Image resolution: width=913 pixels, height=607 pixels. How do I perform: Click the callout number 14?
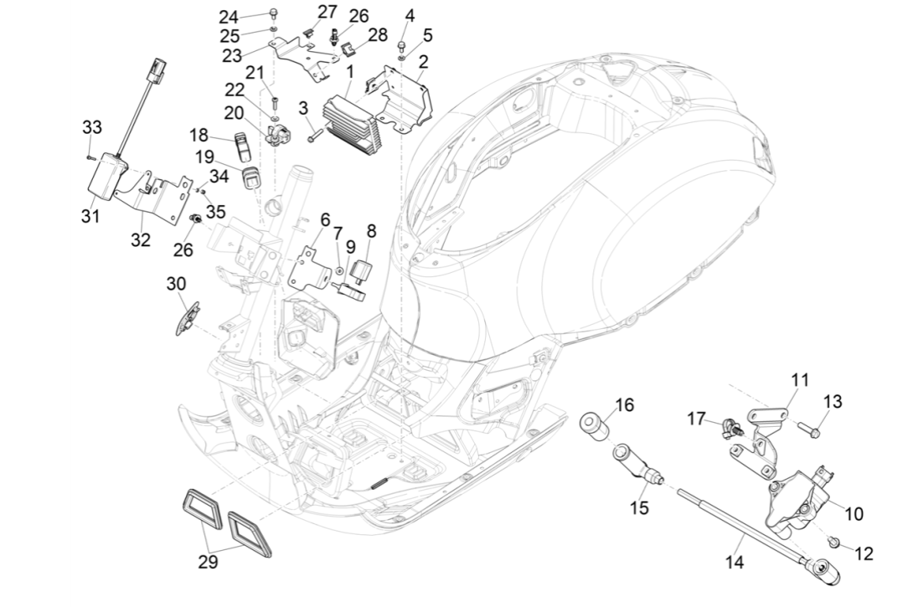pyautogui.click(x=735, y=563)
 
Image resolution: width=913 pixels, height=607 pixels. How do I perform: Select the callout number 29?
pyautogui.click(x=208, y=563)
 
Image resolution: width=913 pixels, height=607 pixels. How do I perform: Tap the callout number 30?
pyautogui.click(x=176, y=284)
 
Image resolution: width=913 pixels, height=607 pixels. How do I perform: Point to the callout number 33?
pyautogui.click(x=92, y=127)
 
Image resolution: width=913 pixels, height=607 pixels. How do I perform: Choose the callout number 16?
pyautogui.click(x=625, y=405)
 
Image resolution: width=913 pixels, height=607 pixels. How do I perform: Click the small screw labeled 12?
pyautogui.click(x=834, y=543)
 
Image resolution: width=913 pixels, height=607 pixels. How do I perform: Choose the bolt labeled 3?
pyautogui.click(x=315, y=131)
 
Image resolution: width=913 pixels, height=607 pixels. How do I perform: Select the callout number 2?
pyautogui.click(x=423, y=62)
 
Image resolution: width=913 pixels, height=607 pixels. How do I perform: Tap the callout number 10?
pyautogui.click(x=854, y=513)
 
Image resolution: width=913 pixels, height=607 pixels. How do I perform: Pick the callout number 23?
pyautogui.click(x=232, y=55)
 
